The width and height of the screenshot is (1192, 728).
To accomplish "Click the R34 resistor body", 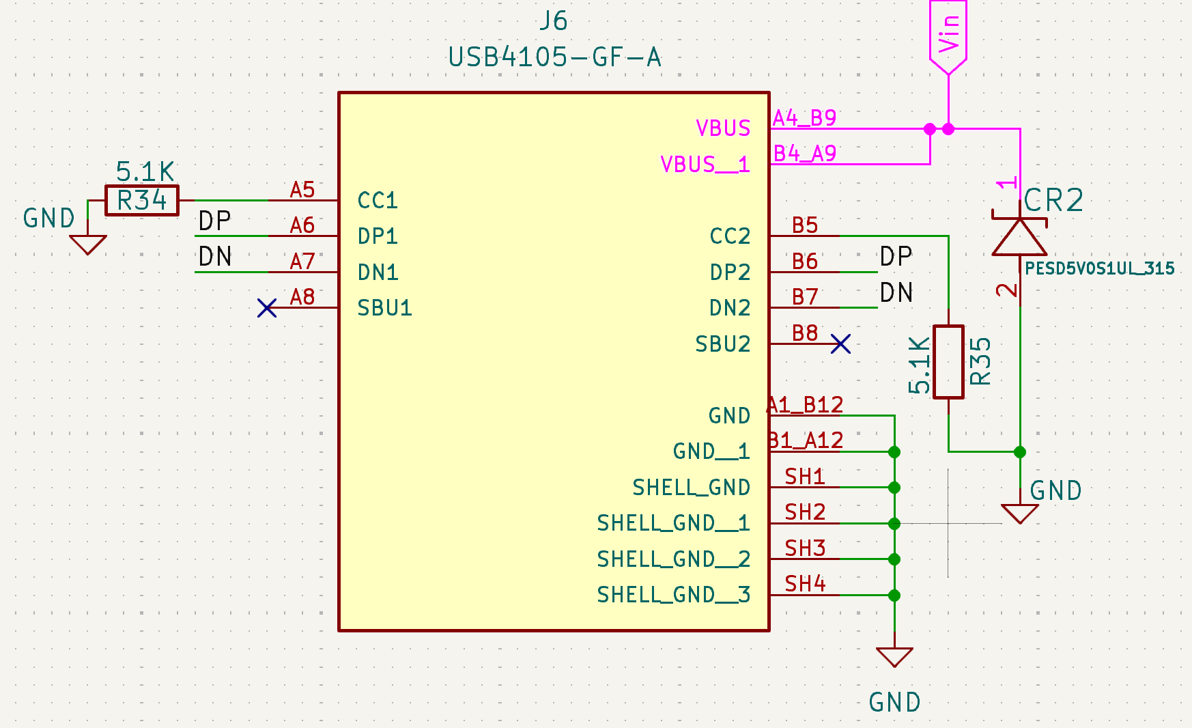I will pos(142,201).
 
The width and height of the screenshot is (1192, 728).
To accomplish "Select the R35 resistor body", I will pos(948,362).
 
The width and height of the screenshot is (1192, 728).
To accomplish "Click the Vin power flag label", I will pos(948,34).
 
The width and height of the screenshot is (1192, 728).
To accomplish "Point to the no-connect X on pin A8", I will pos(267,308).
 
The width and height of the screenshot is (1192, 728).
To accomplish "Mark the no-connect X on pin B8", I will pos(840,344).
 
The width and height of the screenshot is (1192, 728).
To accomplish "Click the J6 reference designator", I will pos(553,21).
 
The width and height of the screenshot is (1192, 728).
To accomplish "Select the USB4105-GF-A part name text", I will pos(554,57).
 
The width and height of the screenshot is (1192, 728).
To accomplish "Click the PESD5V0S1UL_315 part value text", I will pos(1099,268).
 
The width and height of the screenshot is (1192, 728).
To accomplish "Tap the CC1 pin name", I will pos(378,201).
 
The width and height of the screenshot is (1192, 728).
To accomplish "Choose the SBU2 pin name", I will pos(722,344).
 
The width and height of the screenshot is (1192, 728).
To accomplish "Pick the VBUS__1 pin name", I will pos(705,165).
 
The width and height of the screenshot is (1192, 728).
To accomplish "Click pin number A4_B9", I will pos(804,118).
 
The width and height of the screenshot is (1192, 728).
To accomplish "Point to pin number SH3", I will pos(805,548).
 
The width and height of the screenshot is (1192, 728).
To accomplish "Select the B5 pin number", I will pos(805,225).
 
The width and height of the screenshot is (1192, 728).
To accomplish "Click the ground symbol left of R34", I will pos(88,244).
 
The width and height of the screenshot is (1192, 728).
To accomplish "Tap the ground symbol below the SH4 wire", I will pos(894,657).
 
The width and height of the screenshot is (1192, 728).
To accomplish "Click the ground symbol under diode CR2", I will pos(1020,513).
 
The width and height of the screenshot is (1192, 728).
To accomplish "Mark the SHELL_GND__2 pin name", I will pos(673,559).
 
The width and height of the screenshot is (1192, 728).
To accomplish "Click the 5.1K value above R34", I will pos(145,171).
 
